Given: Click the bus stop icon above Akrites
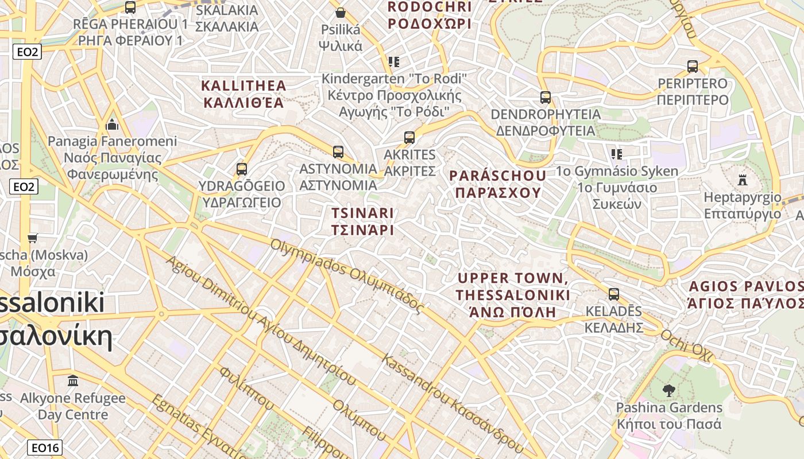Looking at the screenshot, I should click(409, 138).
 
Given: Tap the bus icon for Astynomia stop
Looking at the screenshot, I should click(338, 152).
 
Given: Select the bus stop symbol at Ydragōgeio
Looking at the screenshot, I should click(242, 169).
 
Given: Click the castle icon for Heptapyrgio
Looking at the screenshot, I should click(742, 180).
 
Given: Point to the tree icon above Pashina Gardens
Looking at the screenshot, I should click(668, 391).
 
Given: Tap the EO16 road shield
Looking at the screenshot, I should click(45, 448).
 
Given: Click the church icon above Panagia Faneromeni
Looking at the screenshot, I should click(112, 125).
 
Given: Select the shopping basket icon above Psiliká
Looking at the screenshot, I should click(341, 13).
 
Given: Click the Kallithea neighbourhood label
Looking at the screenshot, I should click(243, 94).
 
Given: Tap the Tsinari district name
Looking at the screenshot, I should click(363, 221).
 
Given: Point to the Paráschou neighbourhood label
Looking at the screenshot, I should click(498, 184).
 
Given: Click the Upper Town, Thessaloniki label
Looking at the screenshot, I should click(513, 295).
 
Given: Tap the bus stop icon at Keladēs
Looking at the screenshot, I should click(614, 295).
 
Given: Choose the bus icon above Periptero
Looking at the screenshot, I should click(693, 67).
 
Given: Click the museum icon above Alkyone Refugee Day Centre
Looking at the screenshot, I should click(73, 380).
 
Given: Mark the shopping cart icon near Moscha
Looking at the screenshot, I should click(33, 238).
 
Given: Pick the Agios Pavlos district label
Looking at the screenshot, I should click(745, 294).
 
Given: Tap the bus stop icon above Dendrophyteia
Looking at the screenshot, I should click(546, 98).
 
